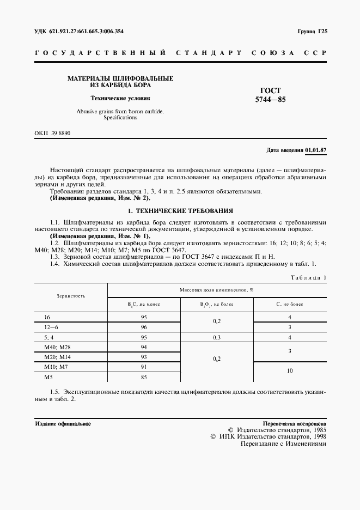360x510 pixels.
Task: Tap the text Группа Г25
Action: click(312, 31)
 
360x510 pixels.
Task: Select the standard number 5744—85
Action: click(270, 100)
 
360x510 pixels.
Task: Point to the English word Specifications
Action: click(120, 117)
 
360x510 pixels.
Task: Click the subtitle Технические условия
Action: click(120, 99)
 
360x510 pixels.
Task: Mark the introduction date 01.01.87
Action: click(315, 149)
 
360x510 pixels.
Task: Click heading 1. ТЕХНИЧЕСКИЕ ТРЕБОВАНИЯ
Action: click(180, 210)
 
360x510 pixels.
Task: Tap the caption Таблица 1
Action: click(309, 277)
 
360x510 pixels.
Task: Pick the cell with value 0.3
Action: click(217, 337)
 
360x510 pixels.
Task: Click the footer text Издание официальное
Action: click(63, 423)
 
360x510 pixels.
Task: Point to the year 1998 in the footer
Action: click(318, 436)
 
